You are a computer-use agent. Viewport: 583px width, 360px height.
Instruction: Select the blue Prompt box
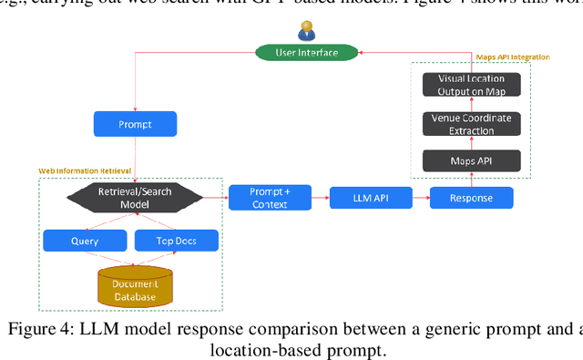point(135,123)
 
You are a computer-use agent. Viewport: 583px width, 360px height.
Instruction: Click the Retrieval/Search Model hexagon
point(135,197)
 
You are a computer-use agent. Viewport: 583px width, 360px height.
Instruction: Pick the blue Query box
point(84,241)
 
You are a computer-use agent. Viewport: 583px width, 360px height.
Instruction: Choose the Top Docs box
point(177,241)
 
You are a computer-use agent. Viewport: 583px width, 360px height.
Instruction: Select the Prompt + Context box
point(269,197)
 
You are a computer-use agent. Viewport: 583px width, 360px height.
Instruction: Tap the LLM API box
point(370,197)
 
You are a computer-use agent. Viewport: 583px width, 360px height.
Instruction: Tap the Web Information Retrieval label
point(83,170)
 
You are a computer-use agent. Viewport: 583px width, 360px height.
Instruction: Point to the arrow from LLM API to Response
point(420,197)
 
